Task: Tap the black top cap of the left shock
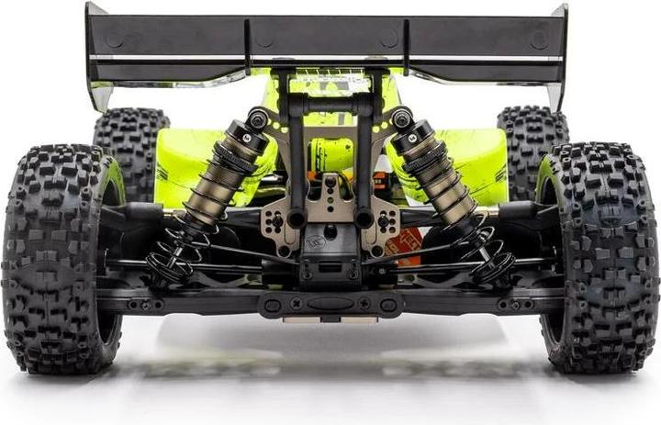point(258,117)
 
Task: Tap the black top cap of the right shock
point(401,117)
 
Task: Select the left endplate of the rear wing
point(97,55)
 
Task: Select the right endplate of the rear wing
point(558,55)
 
